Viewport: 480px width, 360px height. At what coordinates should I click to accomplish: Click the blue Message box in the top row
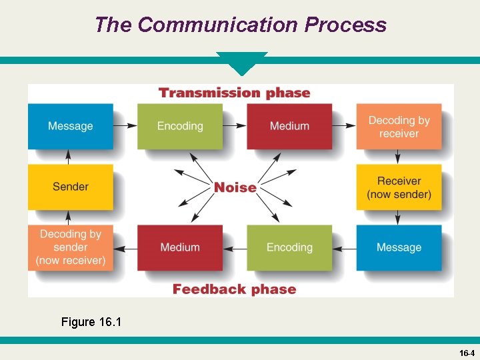(x=70, y=126)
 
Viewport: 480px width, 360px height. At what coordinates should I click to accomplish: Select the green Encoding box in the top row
(x=180, y=126)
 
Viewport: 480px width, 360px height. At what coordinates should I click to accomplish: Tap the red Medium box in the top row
(x=289, y=126)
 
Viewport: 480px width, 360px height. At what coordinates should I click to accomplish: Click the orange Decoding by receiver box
(x=399, y=126)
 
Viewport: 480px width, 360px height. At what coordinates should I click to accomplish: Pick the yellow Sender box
(x=70, y=187)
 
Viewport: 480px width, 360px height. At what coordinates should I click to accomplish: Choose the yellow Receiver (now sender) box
(x=399, y=187)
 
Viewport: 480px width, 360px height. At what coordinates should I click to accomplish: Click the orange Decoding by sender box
(x=70, y=247)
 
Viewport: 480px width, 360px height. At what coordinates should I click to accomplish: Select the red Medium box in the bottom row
(x=180, y=247)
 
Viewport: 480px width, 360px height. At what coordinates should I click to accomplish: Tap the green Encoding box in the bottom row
(x=289, y=247)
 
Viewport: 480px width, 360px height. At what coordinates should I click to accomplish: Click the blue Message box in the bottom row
(x=399, y=247)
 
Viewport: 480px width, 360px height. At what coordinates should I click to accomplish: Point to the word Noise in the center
(x=235, y=187)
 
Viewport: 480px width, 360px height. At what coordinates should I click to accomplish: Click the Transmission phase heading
(x=235, y=93)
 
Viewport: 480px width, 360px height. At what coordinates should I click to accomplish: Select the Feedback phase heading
(x=235, y=289)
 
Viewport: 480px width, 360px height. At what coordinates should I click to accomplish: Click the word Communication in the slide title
(x=219, y=25)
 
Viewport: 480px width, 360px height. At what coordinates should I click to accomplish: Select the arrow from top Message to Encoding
(x=125, y=126)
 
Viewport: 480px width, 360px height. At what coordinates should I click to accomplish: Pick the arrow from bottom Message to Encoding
(x=344, y=248)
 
